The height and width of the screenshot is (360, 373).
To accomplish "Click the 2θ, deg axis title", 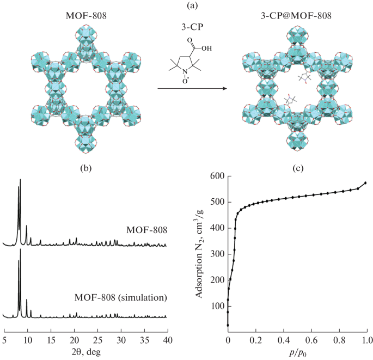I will click(x=86, y=352).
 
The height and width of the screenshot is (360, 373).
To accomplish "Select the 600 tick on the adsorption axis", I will click(x=217, y=176).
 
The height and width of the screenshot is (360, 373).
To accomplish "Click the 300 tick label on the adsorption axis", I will click(x=217, y=254).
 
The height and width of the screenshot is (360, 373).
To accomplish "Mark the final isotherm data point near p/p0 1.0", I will click(x=365, y=183).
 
